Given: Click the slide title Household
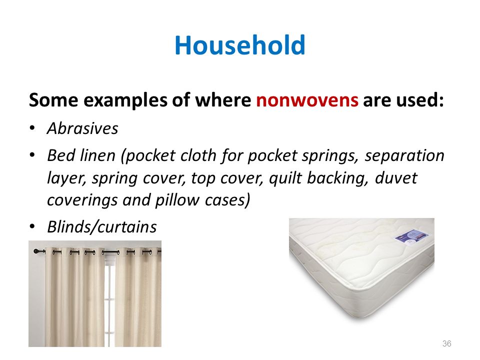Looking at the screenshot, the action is pyautogui.click(x=240, y=45).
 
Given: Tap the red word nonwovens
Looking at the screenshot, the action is pyautogui.click(x=307, y=100).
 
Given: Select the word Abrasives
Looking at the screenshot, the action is pyautogui.click(x=82, y=128).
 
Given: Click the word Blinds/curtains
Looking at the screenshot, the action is pyautogui.click(x=102, y=227).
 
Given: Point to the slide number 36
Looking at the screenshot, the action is pyautogui.click(x=446, y=343).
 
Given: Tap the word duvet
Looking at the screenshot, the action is pyautogui.click(x=396, y=178).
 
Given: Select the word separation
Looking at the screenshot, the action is pyautogui.click(x=404, y=155).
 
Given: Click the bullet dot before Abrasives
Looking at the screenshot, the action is pyautogui.click(x=32, y=128).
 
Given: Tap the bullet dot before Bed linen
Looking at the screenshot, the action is pyautogui.click(x=32, y=155).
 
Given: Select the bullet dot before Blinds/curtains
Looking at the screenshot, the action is pyautogui.click(x=32, y=226).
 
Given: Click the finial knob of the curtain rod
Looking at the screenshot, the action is pyautogui.click(x=35, y=251).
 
